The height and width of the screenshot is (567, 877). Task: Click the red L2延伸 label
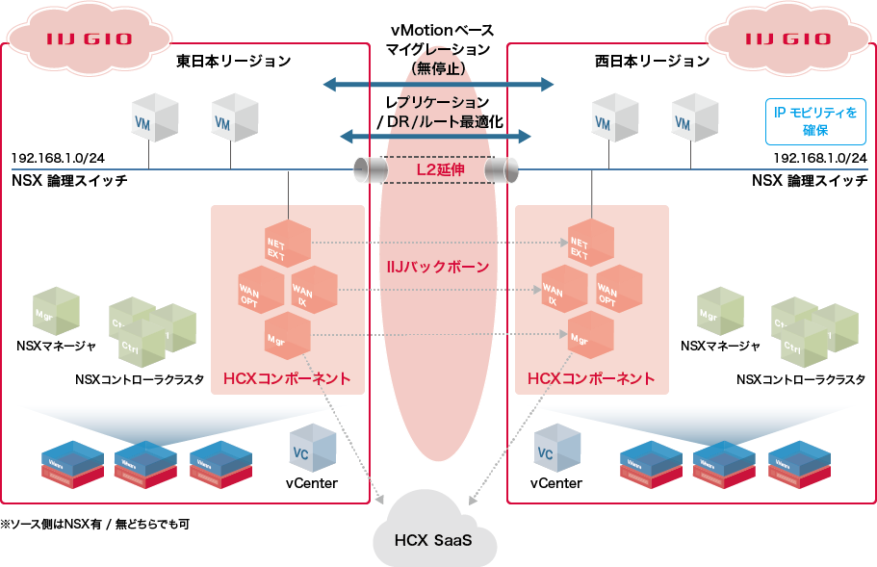(439, 170)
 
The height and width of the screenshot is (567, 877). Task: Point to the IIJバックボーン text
(439, 267)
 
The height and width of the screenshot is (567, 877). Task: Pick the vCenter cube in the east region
(312, 447)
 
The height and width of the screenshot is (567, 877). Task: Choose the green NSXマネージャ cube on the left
(56, 310)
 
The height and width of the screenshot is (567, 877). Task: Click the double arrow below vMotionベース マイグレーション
(439, 85)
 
